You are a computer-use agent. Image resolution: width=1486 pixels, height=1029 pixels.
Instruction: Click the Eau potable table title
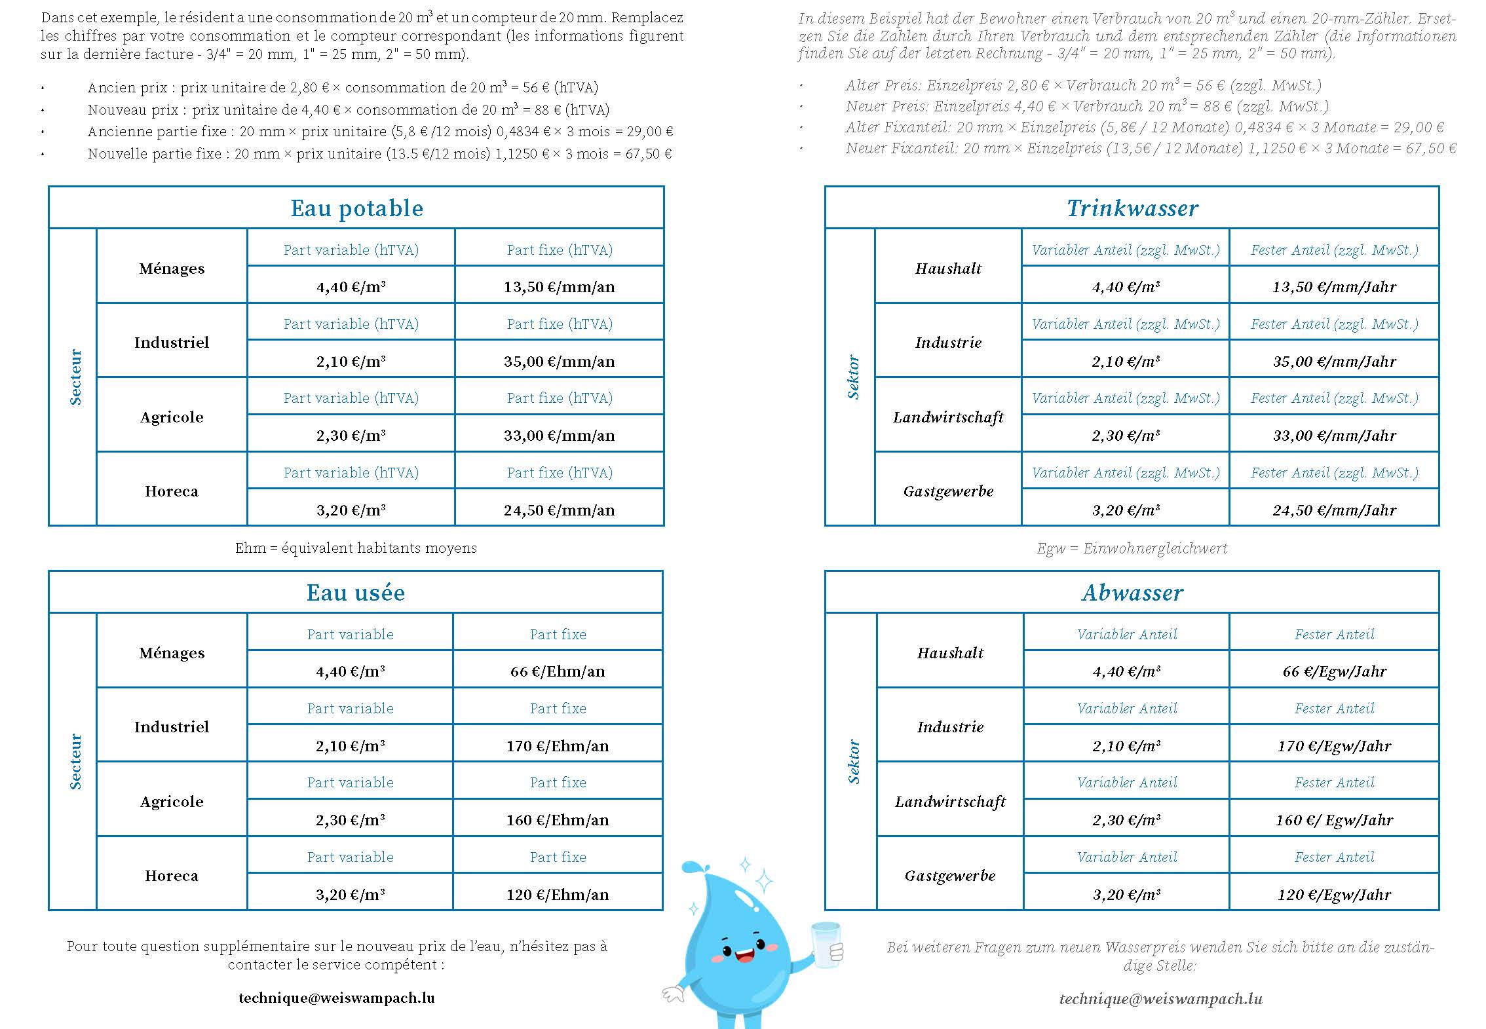pyautogui.click(x=356, y=208)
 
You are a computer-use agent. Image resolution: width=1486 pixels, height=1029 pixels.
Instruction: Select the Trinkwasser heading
pyautogui.click(x=1132, y=208)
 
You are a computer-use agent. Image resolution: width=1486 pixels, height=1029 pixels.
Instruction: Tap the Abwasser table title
pyautogui.click(x=1132, y=593)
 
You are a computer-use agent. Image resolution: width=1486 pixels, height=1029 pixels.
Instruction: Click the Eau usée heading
pyautogui.click(x=356, y=593)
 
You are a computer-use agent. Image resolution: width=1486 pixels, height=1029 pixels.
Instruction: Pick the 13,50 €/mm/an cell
pyautogui.click(x=559, y=287)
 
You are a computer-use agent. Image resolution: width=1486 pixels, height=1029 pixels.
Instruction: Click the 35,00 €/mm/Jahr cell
pyautogui.click(x=1334, y=362)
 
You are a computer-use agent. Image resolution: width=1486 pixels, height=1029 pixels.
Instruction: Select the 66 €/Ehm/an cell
pyautogui.click(x=558, y=671)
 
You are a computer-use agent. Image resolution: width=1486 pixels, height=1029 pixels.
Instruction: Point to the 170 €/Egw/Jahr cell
pyautogui.click(x=1334, y=746)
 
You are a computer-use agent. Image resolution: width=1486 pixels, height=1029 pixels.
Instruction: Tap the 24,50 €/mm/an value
pyautogui.click(x=559, y=510)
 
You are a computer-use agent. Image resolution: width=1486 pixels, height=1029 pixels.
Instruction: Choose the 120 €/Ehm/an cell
pyautogui.click(x=558, y=895)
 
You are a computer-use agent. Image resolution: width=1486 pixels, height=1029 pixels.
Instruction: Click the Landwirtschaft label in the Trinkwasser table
pyautogui.click(x=948, y=417)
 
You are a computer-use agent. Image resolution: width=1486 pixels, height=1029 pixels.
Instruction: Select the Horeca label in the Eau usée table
pyautogui.click(x=172, y=876)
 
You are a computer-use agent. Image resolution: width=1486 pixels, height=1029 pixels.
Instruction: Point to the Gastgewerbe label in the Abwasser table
pyautogui.click(x=950, y=876)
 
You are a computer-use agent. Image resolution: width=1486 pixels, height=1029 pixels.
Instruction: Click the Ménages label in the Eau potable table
pyautogui.click(x=172, y=269)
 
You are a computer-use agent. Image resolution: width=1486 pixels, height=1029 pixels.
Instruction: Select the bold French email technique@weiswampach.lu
pyautogui.click(x=337, y=998)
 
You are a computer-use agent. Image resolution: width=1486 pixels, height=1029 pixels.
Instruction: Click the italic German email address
pyautogui.click(x=1160, y=998)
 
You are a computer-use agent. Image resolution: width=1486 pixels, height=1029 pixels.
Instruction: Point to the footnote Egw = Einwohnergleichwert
pyautogui.click(x=1132, y=548)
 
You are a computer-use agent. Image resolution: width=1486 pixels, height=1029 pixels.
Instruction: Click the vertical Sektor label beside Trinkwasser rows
pyautogui.click(x=853, y=377)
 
